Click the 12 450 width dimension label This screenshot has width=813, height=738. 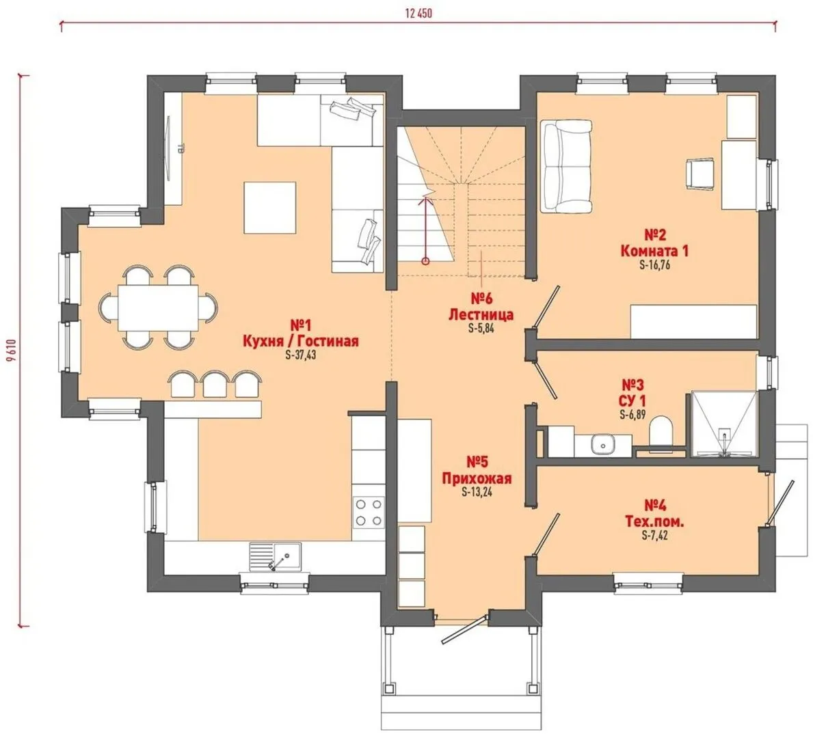418,14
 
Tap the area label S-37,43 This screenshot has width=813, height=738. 300,355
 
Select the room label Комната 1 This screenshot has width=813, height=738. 654,251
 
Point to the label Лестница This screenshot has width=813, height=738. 481,314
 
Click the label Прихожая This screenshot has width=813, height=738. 477,478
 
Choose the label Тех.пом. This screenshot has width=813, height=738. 654,521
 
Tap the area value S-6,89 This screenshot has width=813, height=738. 632,415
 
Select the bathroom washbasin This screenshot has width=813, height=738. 602,445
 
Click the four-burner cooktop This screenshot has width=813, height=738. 369,512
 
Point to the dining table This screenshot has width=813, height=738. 158,307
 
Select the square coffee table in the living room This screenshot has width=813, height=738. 269,207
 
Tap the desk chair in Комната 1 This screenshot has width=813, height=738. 699,173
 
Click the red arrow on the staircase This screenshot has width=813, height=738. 426,228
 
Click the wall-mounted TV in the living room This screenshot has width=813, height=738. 169,148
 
